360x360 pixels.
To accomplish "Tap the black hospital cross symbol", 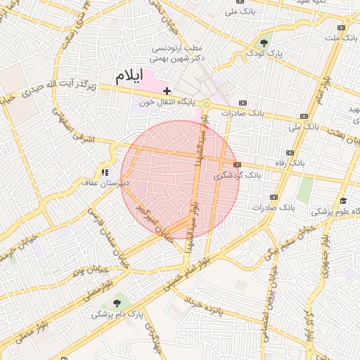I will tap(167, 91).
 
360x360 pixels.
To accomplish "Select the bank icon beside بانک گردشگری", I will tap(237, 165).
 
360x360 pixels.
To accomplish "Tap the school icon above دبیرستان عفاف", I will tap(104, 172).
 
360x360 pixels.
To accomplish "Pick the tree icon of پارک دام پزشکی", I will tap(116, 302).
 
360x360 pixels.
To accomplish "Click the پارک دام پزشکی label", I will tap(115, 314).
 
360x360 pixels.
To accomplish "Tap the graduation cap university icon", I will tap(342, 200).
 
